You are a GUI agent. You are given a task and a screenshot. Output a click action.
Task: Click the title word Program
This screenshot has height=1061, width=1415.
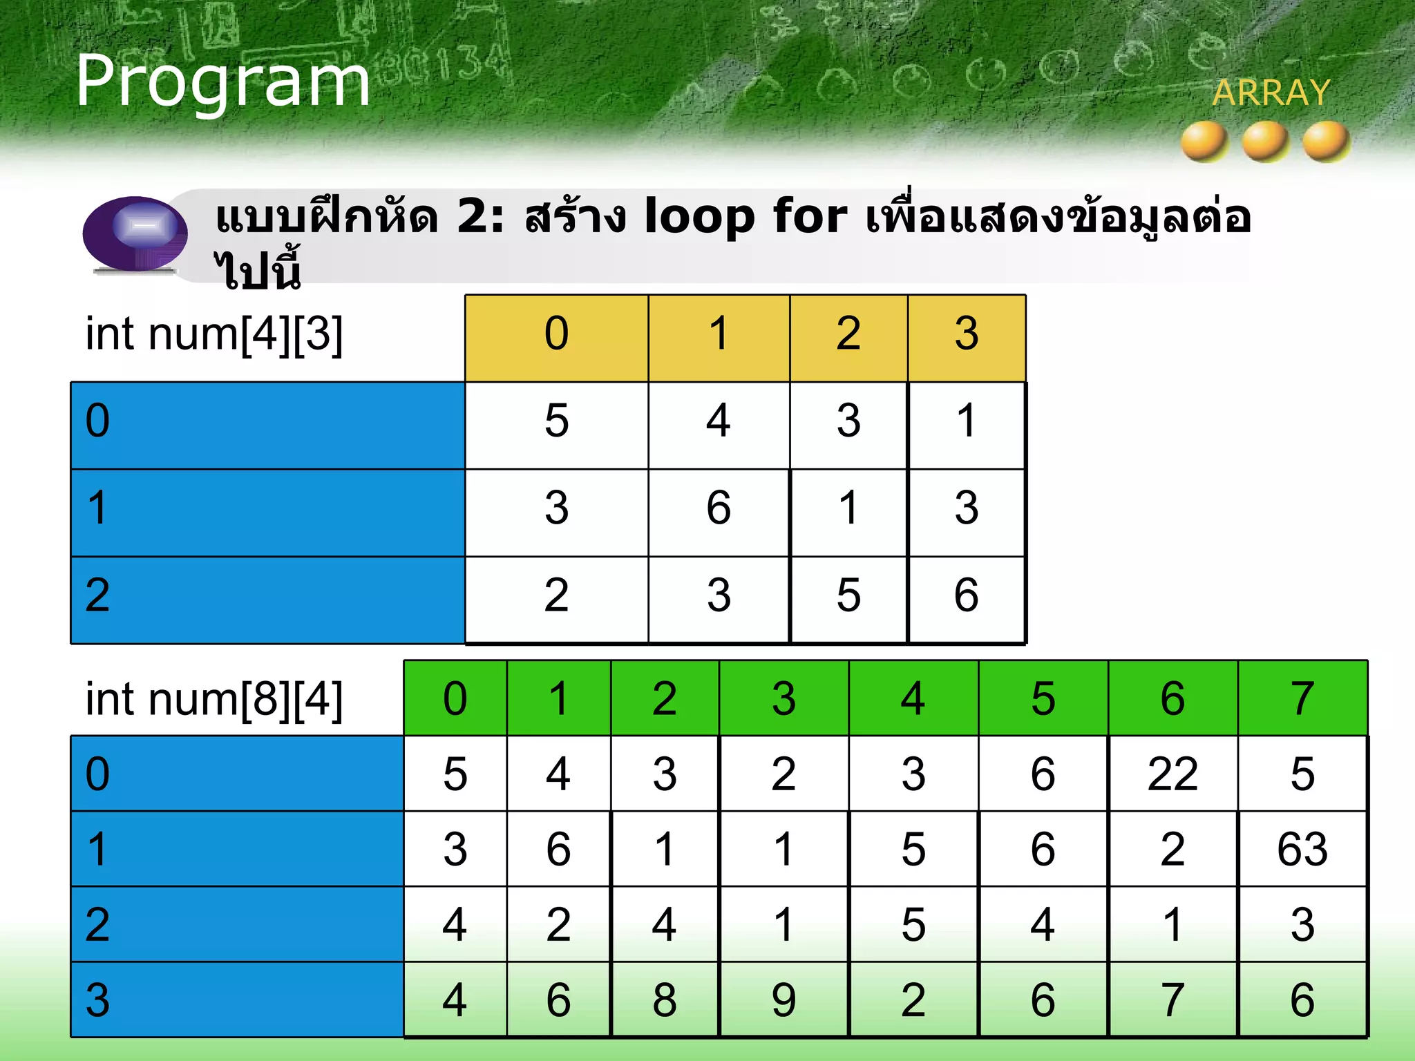tap(222, 82)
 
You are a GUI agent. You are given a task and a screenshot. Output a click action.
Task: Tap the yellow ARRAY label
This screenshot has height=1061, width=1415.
tap(1271, 93)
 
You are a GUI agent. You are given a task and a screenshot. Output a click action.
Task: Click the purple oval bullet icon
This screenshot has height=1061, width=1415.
tap(135, 233)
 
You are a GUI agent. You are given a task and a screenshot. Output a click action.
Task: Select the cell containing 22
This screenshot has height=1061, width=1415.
tap(1172, 774)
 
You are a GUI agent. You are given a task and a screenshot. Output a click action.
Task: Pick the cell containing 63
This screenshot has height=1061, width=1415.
tap(1302, 849)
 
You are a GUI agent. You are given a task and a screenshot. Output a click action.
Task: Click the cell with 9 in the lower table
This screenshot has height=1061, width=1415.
tap(784, 1000)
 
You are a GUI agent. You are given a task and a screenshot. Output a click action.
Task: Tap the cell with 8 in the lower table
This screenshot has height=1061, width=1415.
tap(665, 1000)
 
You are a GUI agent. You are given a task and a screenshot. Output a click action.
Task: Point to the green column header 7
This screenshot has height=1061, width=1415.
tap(1302, 698)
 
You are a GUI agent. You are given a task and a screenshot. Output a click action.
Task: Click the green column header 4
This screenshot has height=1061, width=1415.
tap(913, 698)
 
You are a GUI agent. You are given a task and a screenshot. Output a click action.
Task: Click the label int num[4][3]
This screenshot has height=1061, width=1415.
tap(214, 334)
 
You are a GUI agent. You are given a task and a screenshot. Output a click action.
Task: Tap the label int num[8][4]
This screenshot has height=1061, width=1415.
tap(214, 699)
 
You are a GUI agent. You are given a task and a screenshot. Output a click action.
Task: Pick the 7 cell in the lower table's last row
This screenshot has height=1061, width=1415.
tap(1172, 1000)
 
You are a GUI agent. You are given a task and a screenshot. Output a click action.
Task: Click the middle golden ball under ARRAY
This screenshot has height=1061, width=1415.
tap(1265, 141)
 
